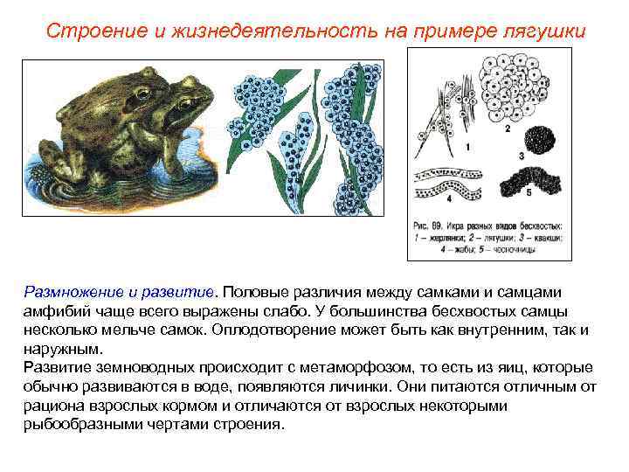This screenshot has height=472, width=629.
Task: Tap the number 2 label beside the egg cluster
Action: [x=508, y=128]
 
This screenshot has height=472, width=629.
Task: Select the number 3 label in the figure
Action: [x=521, y=156]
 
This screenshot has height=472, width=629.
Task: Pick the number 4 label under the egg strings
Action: [x=448, y=198]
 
